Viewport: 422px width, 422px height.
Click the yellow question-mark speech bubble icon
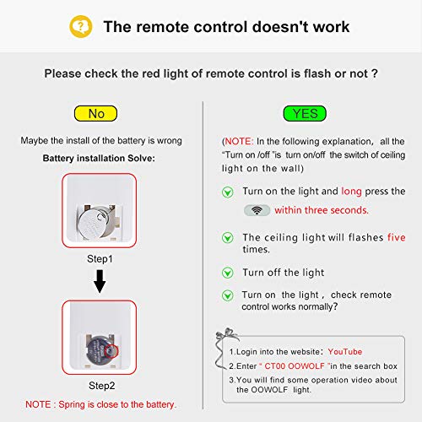(x=79, y=26)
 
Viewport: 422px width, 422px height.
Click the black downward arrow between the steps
(x=100, y=279)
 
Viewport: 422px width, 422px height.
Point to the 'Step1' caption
(x=100, y=251)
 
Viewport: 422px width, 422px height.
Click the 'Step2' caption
(x=100, y=386)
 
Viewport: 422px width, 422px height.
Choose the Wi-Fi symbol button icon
(x=256, y=210)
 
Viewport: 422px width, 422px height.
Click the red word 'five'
(x=396, y=237)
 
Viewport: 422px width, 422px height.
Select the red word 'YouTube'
(x=345, y=351)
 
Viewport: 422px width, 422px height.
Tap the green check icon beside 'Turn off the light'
(x=228, y=273)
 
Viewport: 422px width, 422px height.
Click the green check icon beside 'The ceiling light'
(x=228, y=239)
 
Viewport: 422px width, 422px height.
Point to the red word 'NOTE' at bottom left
(x=41, y=404)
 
